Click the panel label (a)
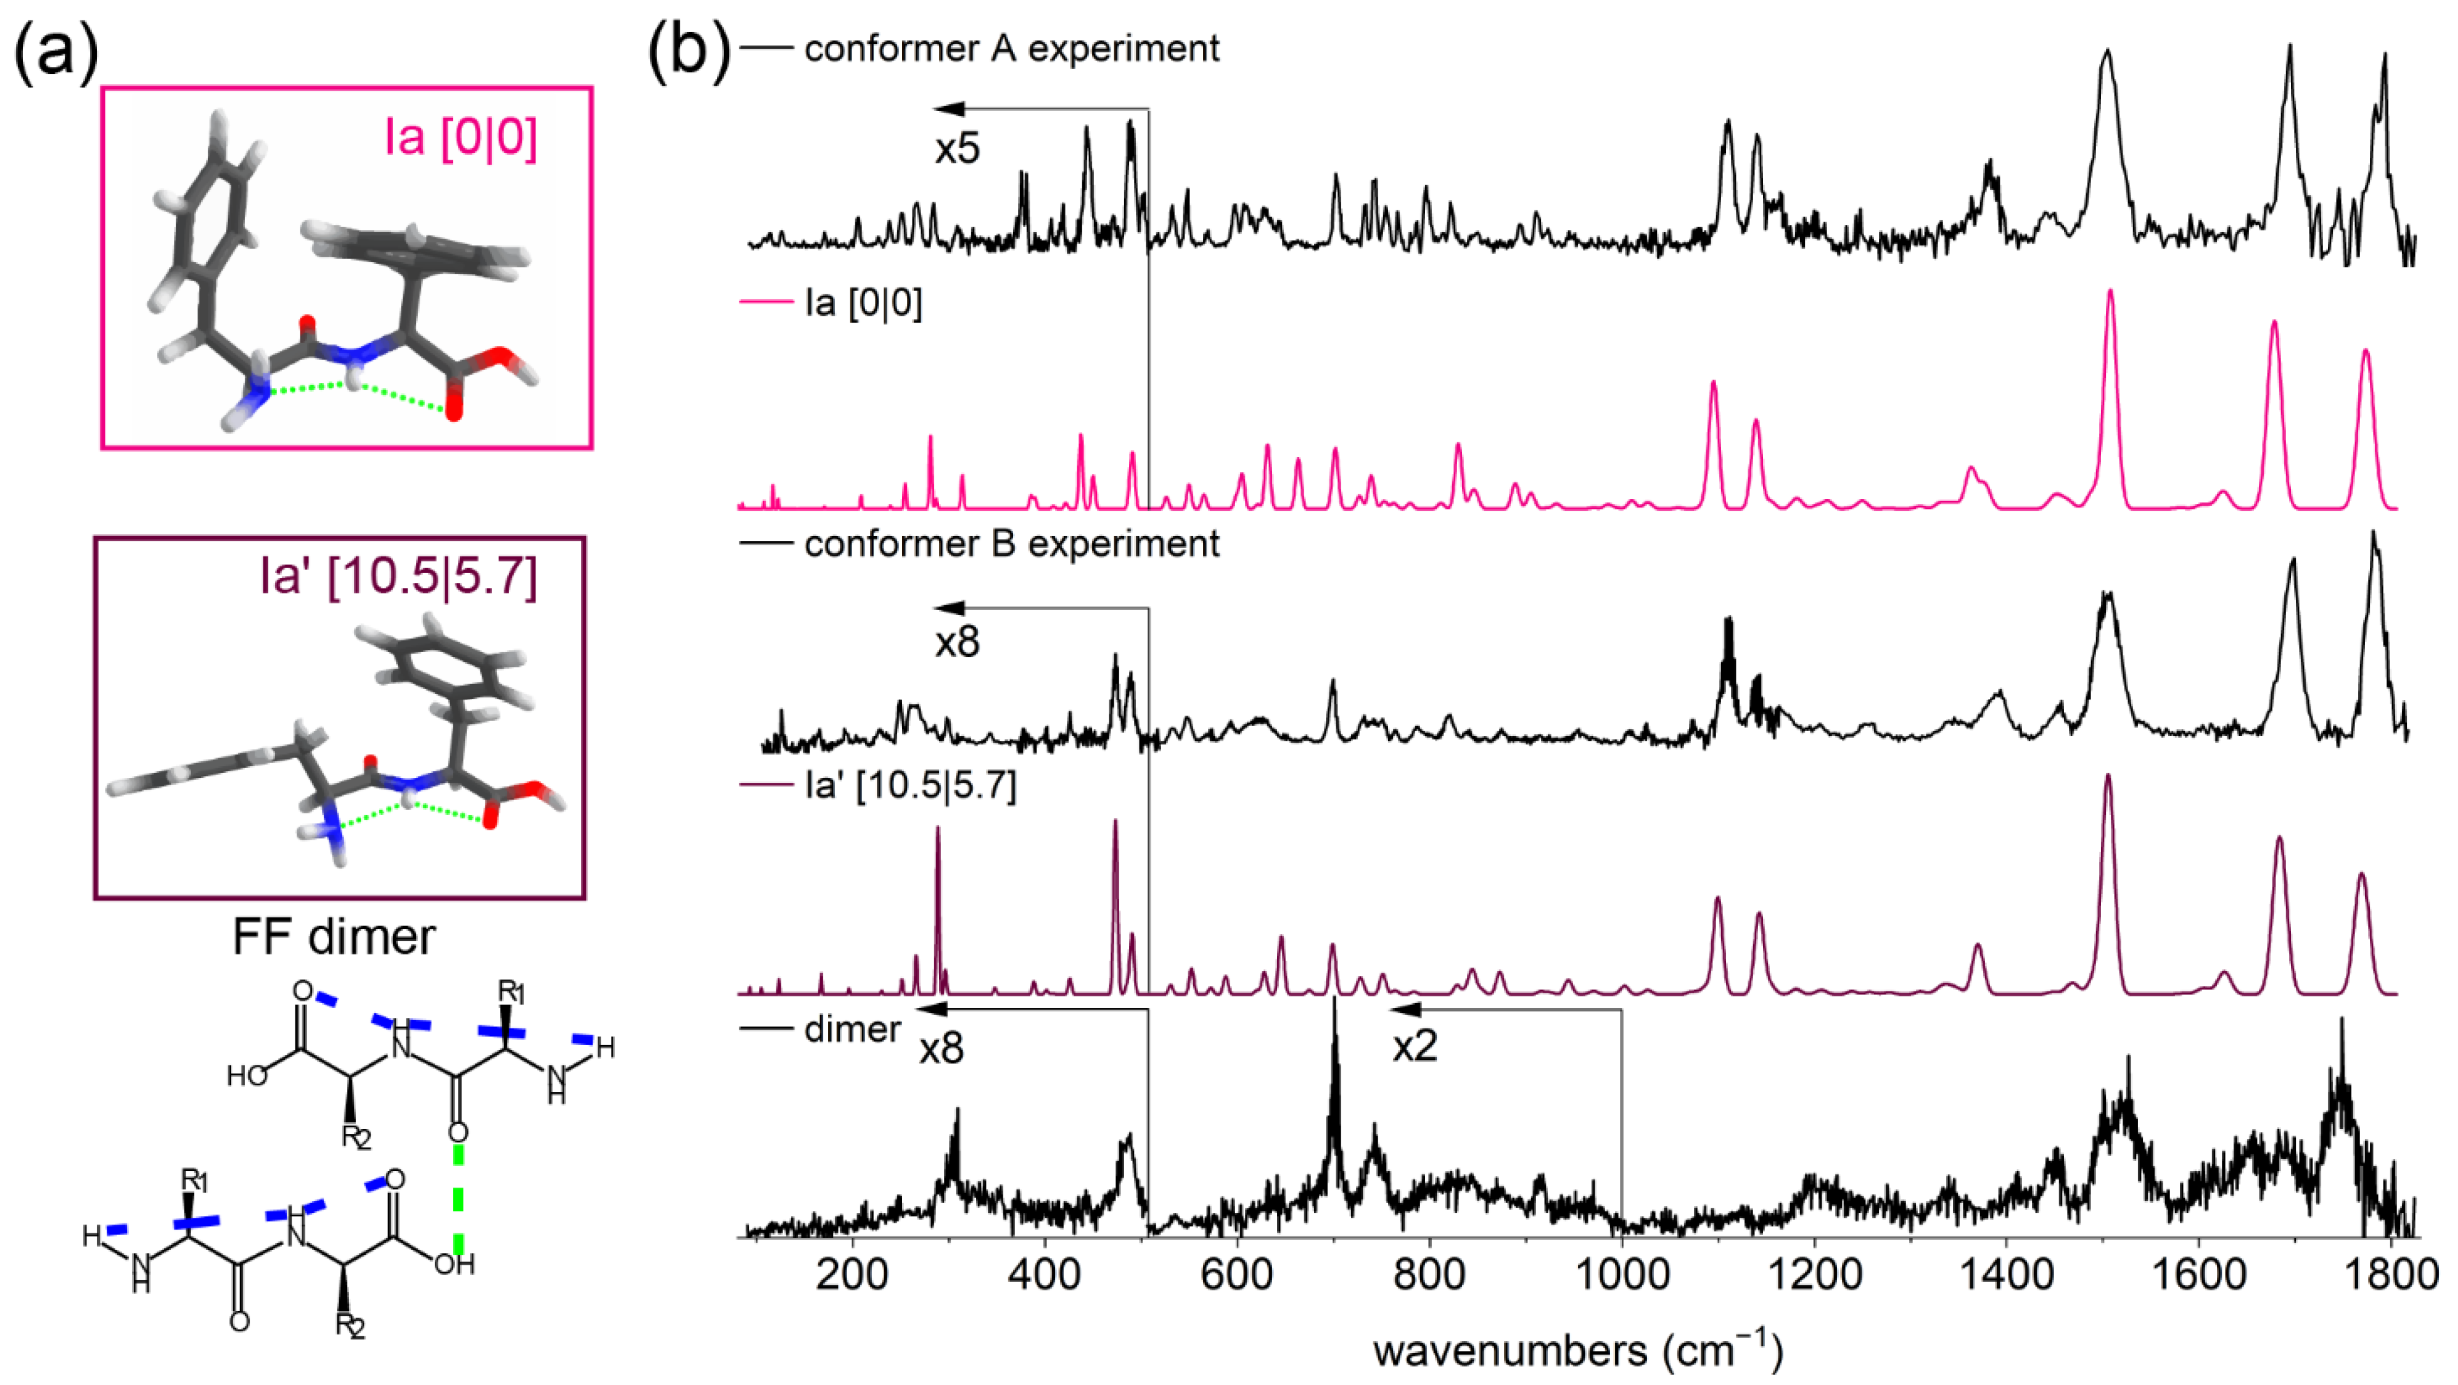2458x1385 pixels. [55, 49]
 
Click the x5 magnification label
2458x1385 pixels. [957, 149]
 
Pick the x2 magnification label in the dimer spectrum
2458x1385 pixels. [1414, 1046]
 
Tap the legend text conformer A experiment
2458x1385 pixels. [1011, 48]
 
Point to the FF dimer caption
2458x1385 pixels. [334, 936]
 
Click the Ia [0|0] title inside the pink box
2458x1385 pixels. [461, 136]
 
